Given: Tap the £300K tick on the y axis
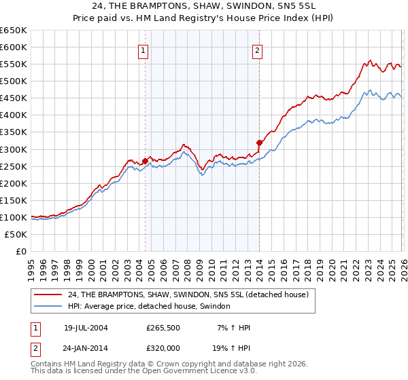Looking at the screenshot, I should coord(14,149).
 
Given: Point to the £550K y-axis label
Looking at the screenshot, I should coord(14,64).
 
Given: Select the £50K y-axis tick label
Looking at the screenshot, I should coord(17,234).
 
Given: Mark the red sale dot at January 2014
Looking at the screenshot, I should coord(259,142).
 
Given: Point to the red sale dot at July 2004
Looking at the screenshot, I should coord(145,161).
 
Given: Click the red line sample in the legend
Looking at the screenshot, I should coord(49,294).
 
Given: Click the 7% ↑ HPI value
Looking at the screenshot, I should coord(233,328).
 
